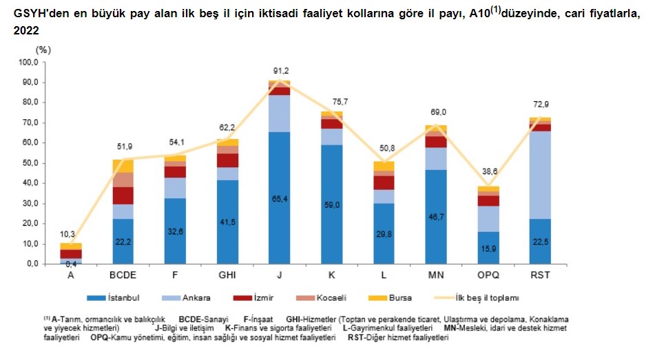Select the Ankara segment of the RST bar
(541, 176)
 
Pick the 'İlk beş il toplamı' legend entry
(482, 297)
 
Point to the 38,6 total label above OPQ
(489, 178)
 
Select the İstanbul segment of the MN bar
(436, 216)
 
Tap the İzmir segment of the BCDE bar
(123, 195)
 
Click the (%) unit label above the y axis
(43, 49)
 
